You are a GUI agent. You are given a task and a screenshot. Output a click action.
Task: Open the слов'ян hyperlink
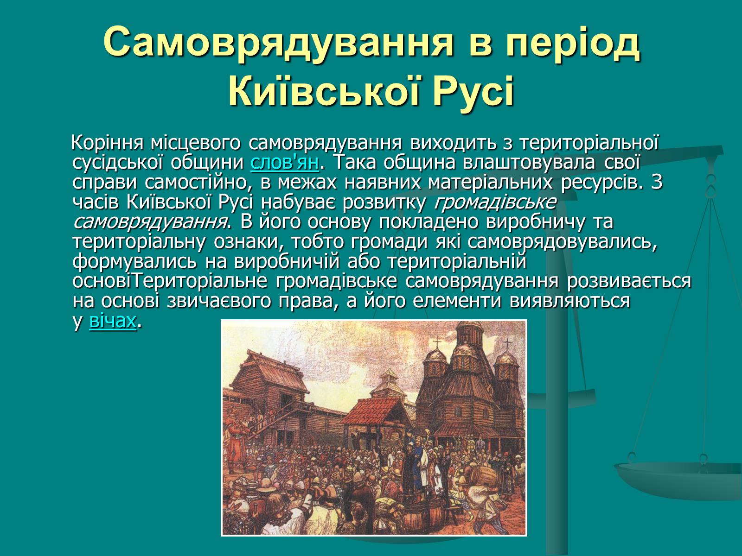pyautogui.click(x=285, y=162)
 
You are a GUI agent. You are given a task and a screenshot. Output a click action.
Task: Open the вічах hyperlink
pyautogui.click(x=113, y=320)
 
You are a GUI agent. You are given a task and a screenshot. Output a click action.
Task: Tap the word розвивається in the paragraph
pyautogui.click(x=629, y=282)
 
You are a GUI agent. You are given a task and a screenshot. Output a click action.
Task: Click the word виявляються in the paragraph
pyautogui.click(x=569, y=301)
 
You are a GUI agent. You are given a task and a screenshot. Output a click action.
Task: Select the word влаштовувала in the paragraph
pyautogui.click(x=528, y=162)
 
